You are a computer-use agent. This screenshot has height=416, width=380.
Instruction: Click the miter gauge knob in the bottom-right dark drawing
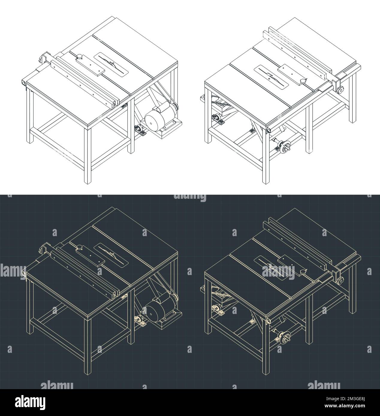pyautogui.click(x=303, y=271)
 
